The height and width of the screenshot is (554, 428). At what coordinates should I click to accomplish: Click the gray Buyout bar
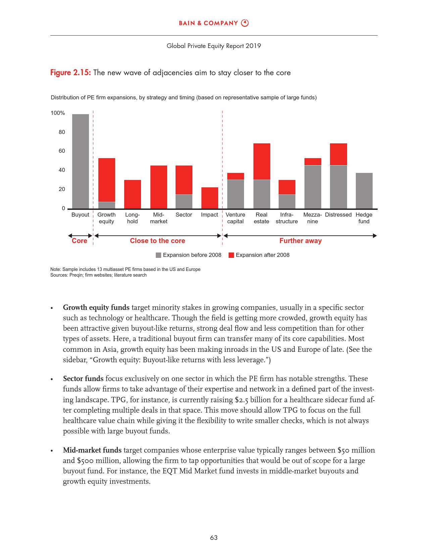81,161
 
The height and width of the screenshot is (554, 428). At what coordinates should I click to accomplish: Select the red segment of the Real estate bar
261,161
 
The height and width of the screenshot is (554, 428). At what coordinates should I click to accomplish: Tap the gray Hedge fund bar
364,190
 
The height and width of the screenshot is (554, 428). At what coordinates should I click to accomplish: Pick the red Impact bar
209,198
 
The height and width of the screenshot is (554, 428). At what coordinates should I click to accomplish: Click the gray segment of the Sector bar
184,201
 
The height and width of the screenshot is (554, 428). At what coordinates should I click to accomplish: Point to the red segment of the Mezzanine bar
313,161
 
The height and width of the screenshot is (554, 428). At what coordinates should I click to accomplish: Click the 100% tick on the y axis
58,113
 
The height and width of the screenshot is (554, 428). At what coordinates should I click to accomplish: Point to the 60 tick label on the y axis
62,151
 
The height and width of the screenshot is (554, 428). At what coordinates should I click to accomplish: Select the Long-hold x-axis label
132,218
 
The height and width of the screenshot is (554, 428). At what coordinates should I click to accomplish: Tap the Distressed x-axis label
338,215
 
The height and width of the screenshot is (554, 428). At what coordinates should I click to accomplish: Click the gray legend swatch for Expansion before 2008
158,255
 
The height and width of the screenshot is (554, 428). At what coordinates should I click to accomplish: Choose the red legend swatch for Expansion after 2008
231,255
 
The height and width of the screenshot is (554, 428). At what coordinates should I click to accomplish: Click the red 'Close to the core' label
157,241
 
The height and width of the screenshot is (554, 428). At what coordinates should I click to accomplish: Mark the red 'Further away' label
300,241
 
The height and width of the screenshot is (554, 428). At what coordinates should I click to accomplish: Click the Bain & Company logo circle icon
245,23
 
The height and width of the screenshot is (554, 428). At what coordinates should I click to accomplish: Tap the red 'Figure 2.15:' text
70,73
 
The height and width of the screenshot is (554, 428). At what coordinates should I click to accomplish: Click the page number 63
214,538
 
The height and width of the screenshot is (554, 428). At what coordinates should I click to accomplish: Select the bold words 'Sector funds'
83,379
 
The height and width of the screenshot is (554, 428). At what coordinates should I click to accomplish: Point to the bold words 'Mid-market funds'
92,450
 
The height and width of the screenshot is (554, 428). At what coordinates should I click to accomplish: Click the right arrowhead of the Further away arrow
375,236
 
